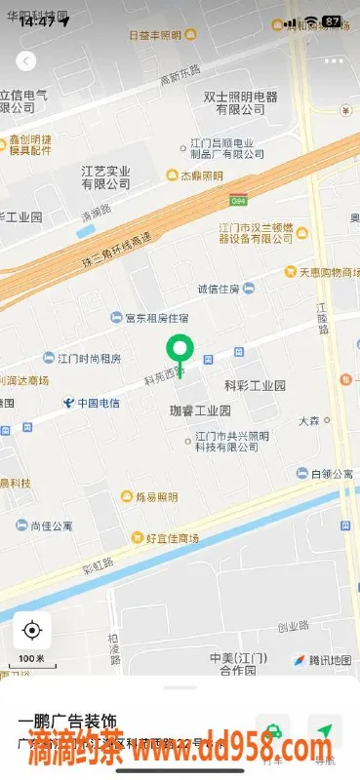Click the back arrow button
click(x=26, y=60)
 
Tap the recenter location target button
click(x=31, y=631)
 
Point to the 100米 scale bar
click(x=31, y=661)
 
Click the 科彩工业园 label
click(x=256, y=386)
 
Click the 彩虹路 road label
click(x=97, y=565)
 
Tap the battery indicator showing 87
click(x=333, y=21)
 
